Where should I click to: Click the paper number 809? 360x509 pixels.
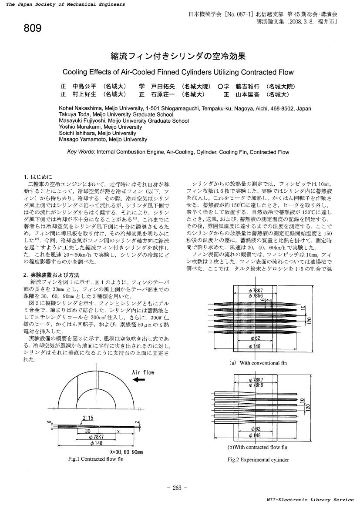(x=33, y=29)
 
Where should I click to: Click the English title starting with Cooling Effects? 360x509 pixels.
(x=178, y=72)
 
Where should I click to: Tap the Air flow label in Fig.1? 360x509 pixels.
(x=143, y=372)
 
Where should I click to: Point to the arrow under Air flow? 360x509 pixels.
(x=139, y=380)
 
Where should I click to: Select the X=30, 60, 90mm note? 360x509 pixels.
(x=126, y=452)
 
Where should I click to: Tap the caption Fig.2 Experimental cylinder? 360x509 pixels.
(x=258, y=459)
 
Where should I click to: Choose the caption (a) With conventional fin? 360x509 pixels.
(x=258, y=363)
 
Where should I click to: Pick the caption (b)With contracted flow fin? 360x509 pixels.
(x=257, y=447)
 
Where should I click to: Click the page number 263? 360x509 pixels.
(x=177, y=488)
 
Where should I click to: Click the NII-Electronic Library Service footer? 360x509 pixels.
(x=310, y=500)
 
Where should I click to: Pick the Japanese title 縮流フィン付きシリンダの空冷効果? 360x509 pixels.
(x=178, y=56)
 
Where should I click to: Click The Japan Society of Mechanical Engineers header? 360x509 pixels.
(x=66, y=4)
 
